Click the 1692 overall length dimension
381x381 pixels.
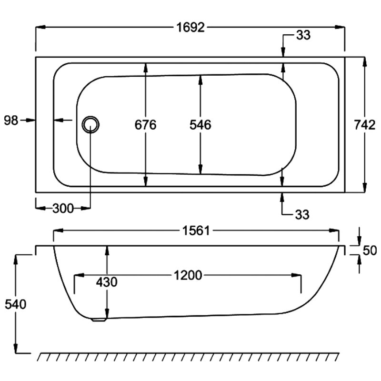click(190, 28)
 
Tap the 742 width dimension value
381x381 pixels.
click(364, 125)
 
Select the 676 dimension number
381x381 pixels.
click(146, 125)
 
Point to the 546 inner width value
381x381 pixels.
click(201, 125)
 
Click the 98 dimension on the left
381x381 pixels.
click(11, 120)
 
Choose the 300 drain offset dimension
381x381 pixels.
click(63, 209)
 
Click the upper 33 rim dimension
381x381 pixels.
click(303, 35)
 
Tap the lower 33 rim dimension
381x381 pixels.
click(302, 215)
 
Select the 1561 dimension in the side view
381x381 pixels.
click(196, 231)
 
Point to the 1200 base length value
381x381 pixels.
click(188, 275)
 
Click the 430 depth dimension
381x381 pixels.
click(107, 282)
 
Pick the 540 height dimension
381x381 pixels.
click(16, 304)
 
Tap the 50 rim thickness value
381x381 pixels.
click(370, 251)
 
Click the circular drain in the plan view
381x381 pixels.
click(90, 125)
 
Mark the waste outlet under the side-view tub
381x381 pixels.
click(99, 320)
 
